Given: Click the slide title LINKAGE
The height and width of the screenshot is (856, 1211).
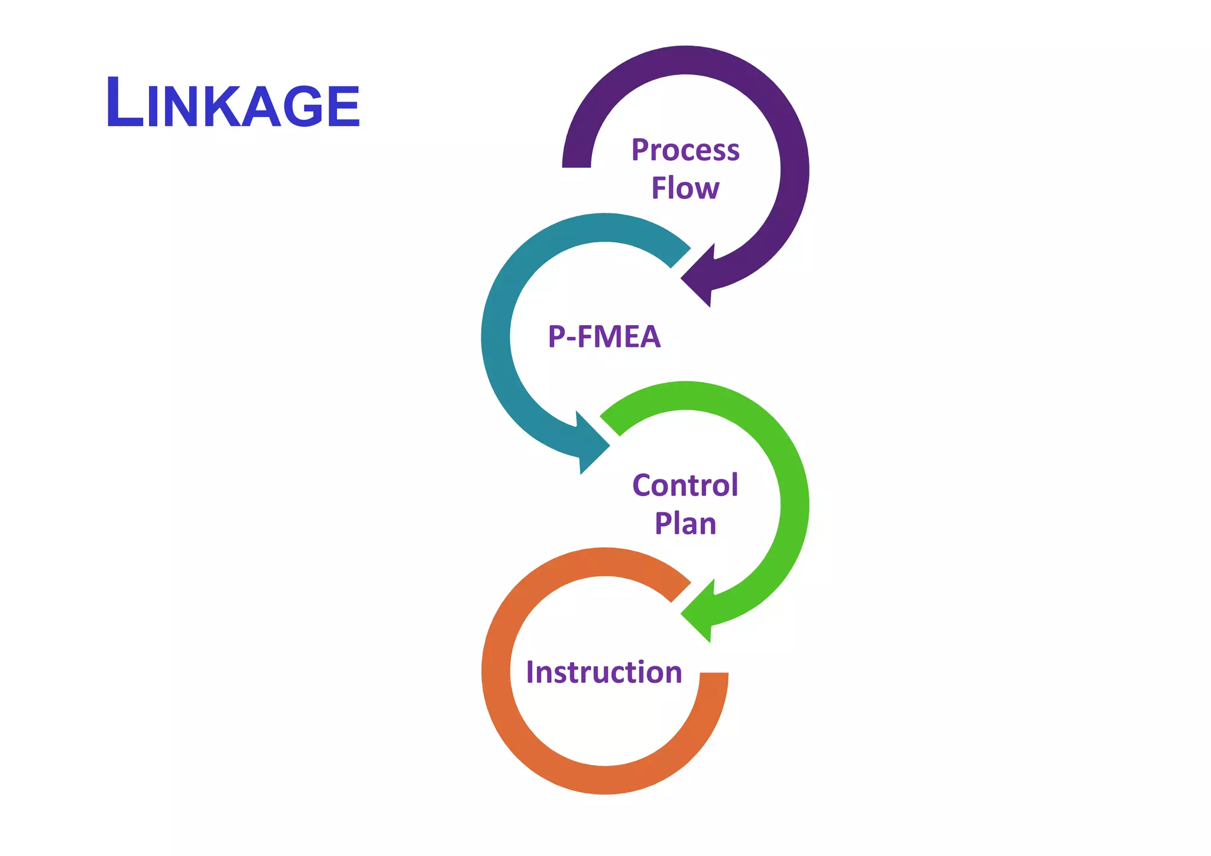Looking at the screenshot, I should (x=233, y=103).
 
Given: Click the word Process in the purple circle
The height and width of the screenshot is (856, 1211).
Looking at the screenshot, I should (x=685, y=150).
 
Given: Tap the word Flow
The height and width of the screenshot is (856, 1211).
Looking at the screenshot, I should (x=685, y=188).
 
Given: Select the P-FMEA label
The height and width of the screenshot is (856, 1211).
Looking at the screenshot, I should (x=604, y=336).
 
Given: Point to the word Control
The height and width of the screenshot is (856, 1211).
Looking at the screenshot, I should (x=685, y=485).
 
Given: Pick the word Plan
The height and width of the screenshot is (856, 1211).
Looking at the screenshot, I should (x=685, y=524).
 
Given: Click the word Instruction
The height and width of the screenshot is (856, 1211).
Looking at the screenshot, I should (x=604, y=672).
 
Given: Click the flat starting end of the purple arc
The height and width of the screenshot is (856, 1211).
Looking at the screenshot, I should (x=577, y=166).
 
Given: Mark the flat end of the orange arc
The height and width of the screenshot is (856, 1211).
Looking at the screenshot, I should (x=714, y=675).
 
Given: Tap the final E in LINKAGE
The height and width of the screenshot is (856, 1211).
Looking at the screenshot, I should (x=343, y=106).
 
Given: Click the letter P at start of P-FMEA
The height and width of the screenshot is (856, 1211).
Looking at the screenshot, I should (x=557, y=336).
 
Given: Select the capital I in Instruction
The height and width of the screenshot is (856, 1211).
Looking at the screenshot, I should (x=530, y=672).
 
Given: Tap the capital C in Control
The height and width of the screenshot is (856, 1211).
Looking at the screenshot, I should (x=642, y=485).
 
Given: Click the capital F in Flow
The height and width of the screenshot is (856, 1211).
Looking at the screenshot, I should (x=659, y=188).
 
